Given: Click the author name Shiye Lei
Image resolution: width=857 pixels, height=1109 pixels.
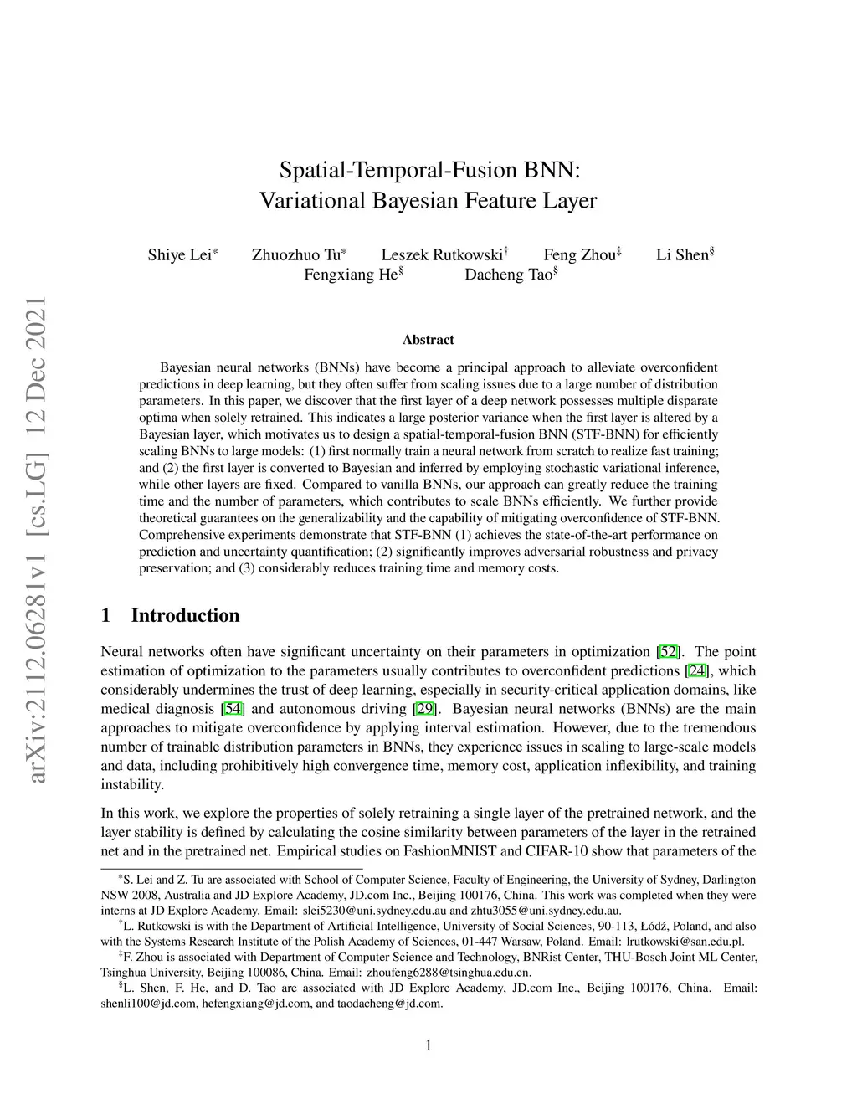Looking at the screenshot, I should click(179, 255).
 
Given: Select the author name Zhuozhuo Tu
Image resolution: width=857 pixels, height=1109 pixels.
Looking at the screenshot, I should click(296, 255).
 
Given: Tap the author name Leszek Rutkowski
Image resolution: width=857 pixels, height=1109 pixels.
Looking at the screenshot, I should click(441, 255).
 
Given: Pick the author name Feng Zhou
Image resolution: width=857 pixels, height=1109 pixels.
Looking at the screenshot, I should click(579, 255).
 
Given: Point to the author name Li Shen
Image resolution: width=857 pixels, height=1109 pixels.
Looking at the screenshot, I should click(682, 255).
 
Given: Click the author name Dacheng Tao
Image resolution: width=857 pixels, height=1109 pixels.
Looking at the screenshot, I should click(508, 275).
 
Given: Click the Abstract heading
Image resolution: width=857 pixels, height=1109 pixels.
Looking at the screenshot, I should click(428, 340).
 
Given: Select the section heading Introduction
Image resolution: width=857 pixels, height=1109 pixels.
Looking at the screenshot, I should click(185, 616).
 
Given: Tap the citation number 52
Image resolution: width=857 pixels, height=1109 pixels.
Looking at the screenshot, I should click(668, 652).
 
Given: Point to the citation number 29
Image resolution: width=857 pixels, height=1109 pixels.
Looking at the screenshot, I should click(424, 709).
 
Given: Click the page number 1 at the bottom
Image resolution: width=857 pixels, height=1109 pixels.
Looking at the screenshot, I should click(428, 1045).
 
